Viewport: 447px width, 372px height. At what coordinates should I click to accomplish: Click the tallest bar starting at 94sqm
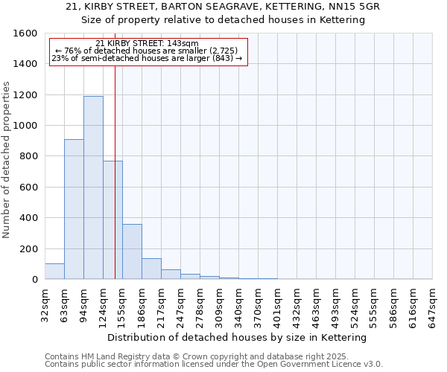tap(93, 187)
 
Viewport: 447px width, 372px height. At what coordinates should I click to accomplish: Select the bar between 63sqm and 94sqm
tap(74, 209)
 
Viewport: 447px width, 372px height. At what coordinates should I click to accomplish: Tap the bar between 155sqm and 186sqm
tap(132, 251)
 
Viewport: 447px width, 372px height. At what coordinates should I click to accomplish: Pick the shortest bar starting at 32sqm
tap(54, 272)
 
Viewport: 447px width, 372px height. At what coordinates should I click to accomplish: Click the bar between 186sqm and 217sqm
tap(151, 269)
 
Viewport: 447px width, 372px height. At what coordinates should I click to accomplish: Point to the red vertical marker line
tap(115, 171)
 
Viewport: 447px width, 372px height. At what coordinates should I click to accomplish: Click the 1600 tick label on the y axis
tap(25, 33)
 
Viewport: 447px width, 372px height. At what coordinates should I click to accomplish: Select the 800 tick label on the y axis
tap(28, 156)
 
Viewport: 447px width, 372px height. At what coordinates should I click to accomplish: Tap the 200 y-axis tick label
tap(28, 248)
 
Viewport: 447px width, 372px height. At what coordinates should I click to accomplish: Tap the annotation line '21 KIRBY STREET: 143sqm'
tap(148, 44)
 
